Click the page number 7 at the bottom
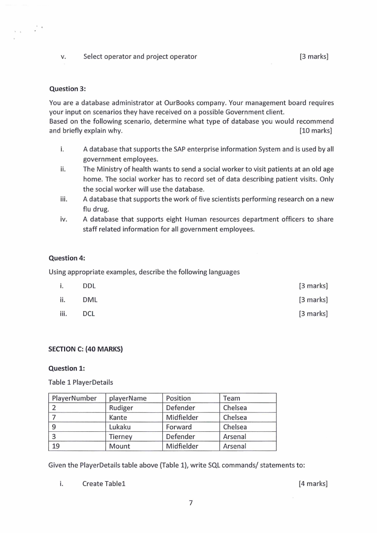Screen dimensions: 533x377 click(x=190, y=503)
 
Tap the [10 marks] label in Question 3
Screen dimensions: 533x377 click(x=315, y=131)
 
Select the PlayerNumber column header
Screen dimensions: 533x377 click(x=74, y=398)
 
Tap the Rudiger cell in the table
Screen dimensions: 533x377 click(x=121, y=408)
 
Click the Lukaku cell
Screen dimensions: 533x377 click(x=120, y=427)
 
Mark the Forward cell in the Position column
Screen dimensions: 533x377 click(x=179, y=427)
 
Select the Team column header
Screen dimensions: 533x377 click(x=232, y=398)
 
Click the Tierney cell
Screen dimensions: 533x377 click(x=121, y=437)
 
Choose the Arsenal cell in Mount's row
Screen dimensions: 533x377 click(x=235, y=446)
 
